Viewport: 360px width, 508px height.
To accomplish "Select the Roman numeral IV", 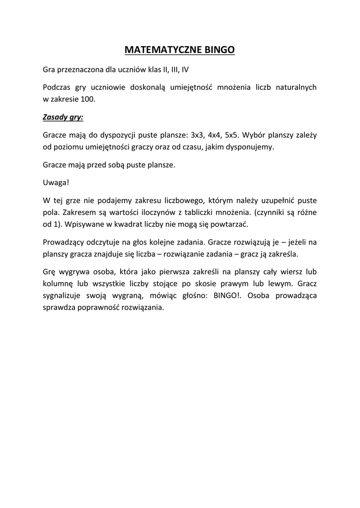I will (x=184, y=69).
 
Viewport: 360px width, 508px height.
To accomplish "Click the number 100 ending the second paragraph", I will (x=87, y=99).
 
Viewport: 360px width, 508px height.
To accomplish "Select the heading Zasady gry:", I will (x=63, y=117).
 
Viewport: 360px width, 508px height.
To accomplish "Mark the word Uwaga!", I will (x=56, y=183).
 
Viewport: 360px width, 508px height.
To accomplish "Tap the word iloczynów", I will (x=158, y=212).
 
